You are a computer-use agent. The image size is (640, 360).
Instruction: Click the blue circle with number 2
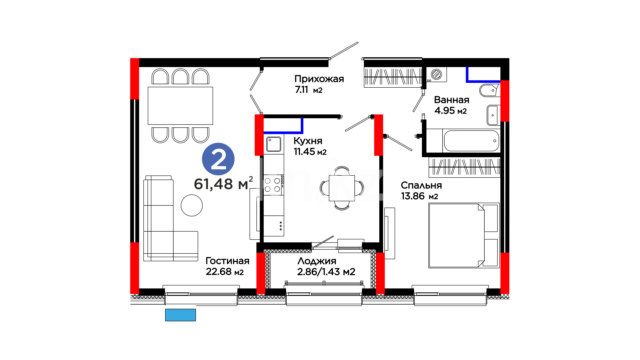pos(218,159)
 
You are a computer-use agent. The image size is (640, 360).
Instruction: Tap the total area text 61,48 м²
pos(223,183)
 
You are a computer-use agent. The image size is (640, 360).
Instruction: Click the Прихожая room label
pos(319,79)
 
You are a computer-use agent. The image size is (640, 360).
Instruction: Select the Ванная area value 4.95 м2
pos(450,111)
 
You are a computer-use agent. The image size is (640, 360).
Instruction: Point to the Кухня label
pos(308,141)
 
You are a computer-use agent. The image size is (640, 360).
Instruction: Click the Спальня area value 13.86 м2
pos(419,196)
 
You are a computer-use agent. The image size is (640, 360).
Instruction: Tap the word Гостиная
pos(227,261)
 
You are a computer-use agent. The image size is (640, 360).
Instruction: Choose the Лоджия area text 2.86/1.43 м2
pos(326,272)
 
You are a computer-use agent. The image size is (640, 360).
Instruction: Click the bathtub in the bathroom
pos(472,141)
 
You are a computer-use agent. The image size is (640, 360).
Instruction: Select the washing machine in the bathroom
pos(437,74)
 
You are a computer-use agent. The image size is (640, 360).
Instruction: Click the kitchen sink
pos(274,144)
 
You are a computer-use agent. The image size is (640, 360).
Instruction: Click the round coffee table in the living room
pos(192,205)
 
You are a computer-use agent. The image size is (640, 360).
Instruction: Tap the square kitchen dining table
pos(342,188)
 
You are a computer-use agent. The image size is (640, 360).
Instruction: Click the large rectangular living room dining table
pos(180,106)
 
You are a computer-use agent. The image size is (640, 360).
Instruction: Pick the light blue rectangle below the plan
pos(180,315)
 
